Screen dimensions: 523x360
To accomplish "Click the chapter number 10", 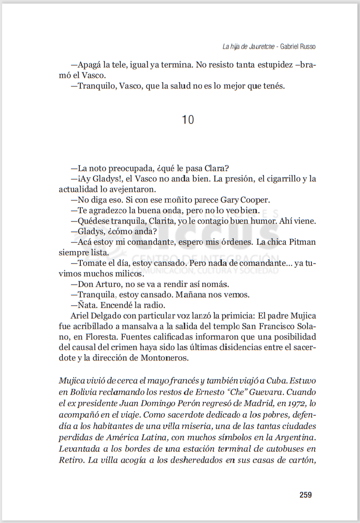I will tap(188, 120).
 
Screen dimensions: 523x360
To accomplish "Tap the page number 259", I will tap(306, 494).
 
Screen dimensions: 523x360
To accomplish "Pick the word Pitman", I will tap(301, 242).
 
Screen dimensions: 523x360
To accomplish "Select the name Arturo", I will tap(110, 284).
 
